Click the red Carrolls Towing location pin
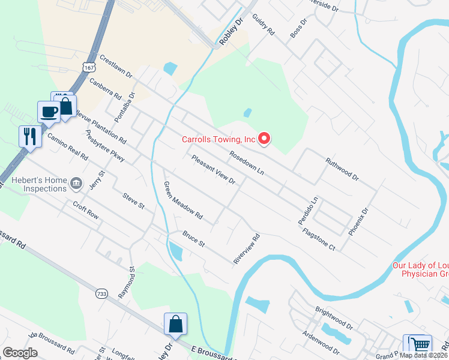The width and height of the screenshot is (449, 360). pyautogui.click(x=264, y=139)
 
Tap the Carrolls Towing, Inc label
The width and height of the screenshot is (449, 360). pyautogui.click(x=219, y=140)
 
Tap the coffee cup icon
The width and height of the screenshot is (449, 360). pyautogui.click(x=48, y=111)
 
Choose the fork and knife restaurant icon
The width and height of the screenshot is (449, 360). pyautogui.click(x=29, y=136)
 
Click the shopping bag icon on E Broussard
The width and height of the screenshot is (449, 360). pyautogui.click(x=175, y=324)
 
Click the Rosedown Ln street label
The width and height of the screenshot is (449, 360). pyautogui.click(x=246, y=162)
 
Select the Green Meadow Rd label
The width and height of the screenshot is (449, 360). pyautogui.click(x=183, y=200)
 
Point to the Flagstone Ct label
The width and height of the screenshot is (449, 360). pyautogui.click(x=318, y=239)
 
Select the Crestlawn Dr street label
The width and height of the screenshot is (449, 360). pyautogui.click(x=116, y=66)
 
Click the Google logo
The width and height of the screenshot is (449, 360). pyautogui.click(x=20, y=352)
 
